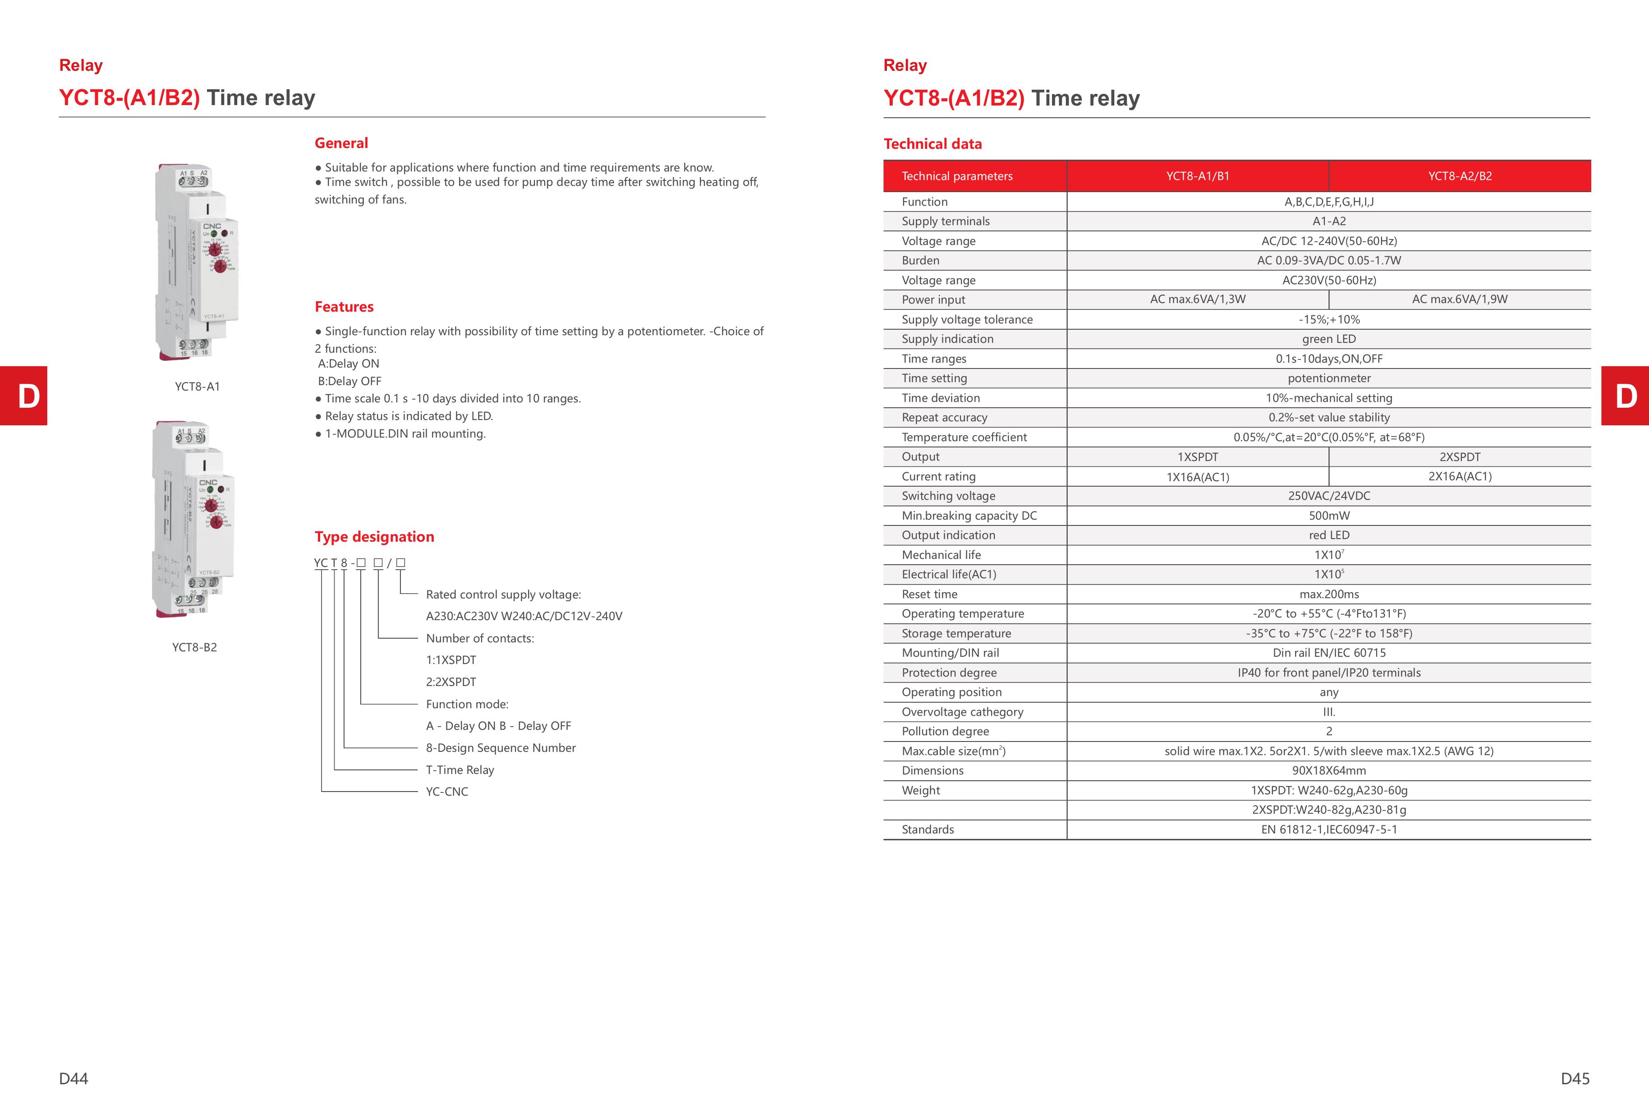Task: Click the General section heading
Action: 341,143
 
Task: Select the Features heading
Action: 344,307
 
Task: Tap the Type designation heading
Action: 374,536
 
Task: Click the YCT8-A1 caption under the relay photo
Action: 197,387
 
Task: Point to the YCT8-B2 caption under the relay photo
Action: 194,647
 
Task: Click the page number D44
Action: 74,1078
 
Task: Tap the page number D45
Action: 1575,1078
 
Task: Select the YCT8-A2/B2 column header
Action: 1460,176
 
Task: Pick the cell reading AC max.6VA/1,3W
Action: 1198,299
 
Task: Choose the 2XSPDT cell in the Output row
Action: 1460,457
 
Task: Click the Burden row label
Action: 920,260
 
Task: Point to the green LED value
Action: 1328,339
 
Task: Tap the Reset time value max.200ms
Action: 1329,594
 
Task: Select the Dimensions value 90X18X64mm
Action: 1328,771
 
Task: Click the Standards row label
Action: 928,829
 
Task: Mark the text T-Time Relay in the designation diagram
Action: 460,770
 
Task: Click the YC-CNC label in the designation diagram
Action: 447,792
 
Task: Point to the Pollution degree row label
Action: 945,732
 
